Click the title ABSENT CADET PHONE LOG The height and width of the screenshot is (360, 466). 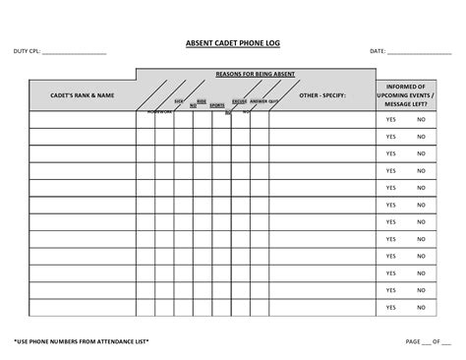tap(232, 43)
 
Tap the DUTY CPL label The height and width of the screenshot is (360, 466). tap(27, 51)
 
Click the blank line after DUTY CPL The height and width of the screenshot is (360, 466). tap(74, 53)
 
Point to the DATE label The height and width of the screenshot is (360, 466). tap(377, 51)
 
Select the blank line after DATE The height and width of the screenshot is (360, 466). tap(419, 53)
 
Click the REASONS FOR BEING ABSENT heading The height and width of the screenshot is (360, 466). tap(255, 74)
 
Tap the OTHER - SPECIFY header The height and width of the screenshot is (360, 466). tap(322, 95)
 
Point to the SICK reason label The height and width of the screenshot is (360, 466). tap(179, 101)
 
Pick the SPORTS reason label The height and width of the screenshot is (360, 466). tap(216, 104)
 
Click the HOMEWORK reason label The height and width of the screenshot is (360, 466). tap(159, 112)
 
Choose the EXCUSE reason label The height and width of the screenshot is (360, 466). tap(240, 101)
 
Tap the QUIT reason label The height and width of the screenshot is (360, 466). tap(273, 101)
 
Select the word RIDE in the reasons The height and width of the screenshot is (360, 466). tap(202, 100)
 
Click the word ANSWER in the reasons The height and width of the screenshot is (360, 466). tap(259, 101)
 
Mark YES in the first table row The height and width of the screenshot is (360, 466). tap(390, 120)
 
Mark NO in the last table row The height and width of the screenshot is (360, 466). tap(421, 308)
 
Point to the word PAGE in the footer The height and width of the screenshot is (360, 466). tap(413, 341)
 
